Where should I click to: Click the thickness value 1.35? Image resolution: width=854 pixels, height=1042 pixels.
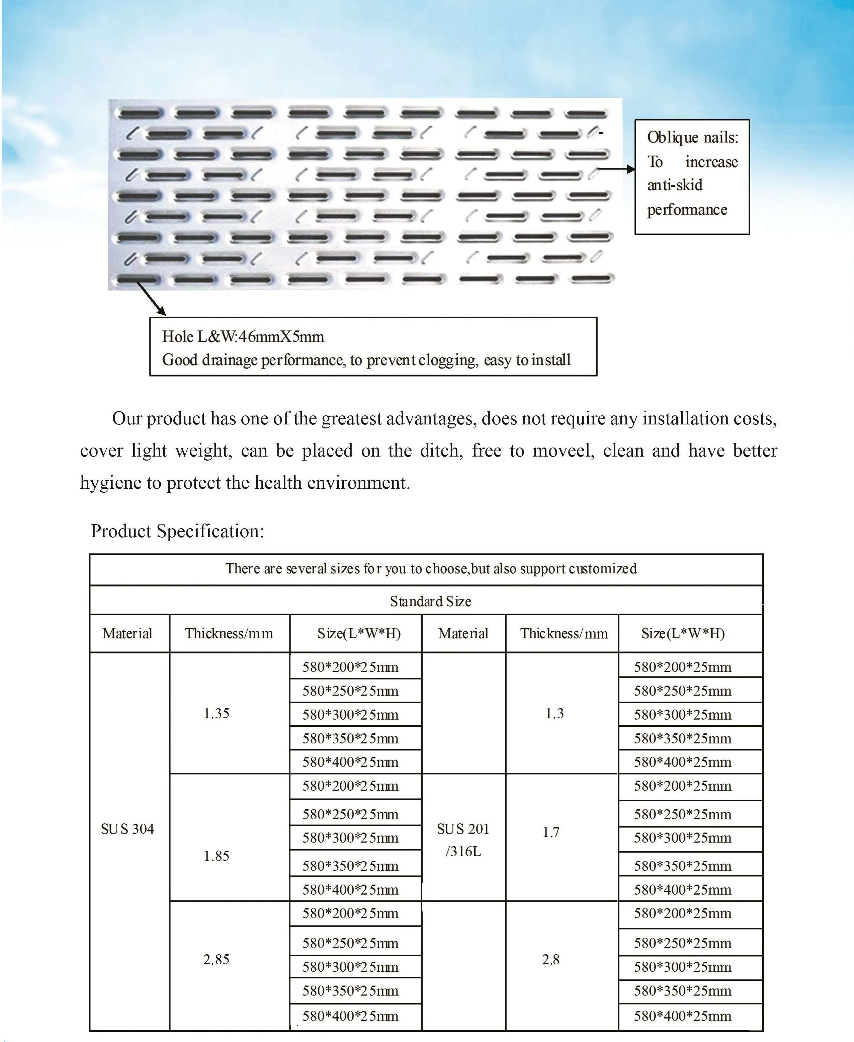click(217, 713)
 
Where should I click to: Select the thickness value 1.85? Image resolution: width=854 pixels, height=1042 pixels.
click(217, 856)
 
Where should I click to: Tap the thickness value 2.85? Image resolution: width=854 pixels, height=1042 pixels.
click(217, 959)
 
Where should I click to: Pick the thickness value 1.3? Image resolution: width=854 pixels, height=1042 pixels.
click(554, 713)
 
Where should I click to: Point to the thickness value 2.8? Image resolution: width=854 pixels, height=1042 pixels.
click(550, 959)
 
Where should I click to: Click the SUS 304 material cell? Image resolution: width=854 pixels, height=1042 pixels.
click(127, 829)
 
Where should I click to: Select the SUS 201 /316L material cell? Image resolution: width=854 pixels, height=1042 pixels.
click(463, 840)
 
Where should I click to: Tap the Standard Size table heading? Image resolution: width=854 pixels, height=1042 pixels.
click(430, 601)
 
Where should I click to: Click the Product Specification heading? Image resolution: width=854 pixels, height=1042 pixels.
click(177, 531)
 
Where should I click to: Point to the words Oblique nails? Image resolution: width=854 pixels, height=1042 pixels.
click(692, 137)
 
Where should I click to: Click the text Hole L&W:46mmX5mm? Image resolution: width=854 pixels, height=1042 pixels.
click(243, 337)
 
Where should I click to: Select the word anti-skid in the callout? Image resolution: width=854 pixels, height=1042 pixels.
click(674, 185)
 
